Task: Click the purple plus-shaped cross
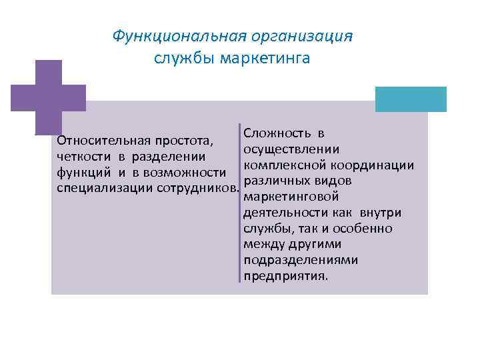pos(48,97)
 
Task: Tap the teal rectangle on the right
pos(410,99)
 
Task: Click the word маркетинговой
pos(291,197)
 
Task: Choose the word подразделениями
pos(301,260)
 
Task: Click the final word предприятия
pos(285,276)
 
